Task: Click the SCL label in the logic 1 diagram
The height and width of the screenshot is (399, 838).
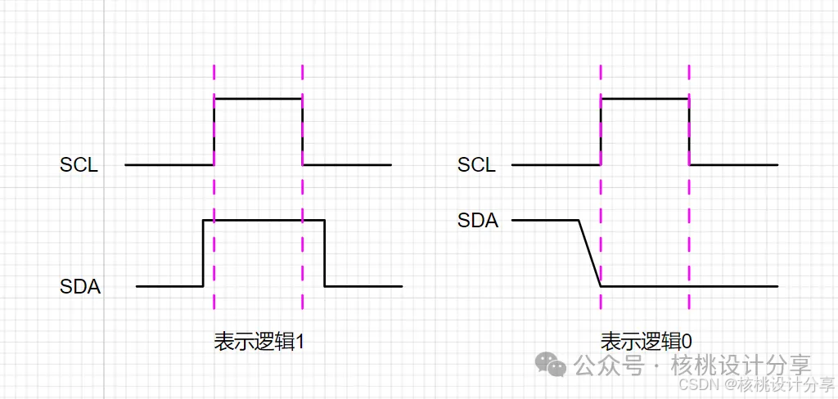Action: [x=79, y=165]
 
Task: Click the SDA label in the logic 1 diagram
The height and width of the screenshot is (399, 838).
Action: [x=80, y=287]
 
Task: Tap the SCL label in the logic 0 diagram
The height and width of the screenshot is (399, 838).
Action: [x=476, y=165]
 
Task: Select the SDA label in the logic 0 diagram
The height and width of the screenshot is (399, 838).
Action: [x=478, y=220]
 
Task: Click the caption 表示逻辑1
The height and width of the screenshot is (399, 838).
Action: [x=259, y=342]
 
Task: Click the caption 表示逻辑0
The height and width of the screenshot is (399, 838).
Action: [x=647, y=342]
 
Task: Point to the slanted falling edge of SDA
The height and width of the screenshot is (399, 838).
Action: [x=589, y=253]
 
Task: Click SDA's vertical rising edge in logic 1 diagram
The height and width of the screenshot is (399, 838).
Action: [x=203, y=253]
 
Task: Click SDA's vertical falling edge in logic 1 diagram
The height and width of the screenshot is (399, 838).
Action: [x=325, y=253]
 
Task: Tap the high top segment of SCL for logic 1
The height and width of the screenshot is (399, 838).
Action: [x=258, y=98]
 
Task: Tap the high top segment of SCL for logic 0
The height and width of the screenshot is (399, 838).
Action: [x=645, y=98]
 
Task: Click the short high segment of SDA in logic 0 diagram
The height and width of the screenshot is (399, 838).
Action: [x=545, y=220]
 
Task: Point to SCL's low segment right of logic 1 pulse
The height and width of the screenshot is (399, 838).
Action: [x=347, y=164]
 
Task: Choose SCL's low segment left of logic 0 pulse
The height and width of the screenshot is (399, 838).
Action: [x=556, y=164]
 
